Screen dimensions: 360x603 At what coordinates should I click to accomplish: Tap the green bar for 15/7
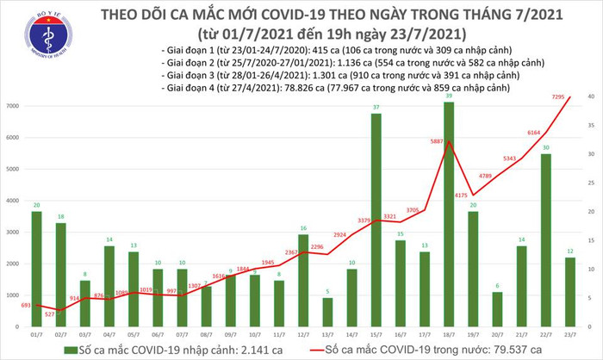click(376, 214)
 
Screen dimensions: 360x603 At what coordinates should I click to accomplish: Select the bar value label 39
click(448, 96)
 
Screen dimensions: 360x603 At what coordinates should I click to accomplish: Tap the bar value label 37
click(376, 107)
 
